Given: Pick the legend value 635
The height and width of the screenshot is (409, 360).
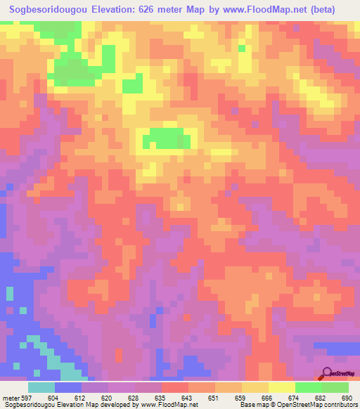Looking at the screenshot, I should [161, 397].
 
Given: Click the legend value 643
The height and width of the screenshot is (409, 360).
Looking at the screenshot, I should [188, 397].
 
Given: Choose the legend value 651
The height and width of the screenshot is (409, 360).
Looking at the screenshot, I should [214, 397].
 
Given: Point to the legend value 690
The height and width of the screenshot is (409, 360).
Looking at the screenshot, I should [346, 397].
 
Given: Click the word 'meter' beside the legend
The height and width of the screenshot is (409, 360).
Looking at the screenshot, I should [11, 397].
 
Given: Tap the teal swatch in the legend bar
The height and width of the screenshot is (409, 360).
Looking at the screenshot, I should [41, 387].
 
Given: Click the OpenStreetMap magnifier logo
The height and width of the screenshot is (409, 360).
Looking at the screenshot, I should [328, 375].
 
